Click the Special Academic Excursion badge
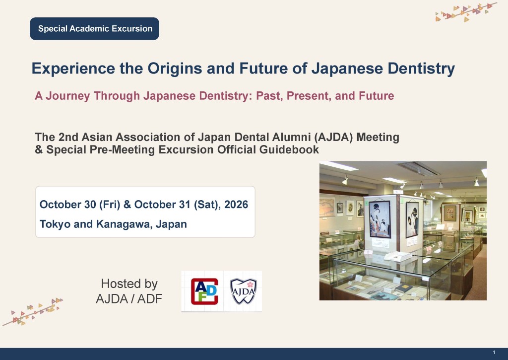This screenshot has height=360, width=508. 94,28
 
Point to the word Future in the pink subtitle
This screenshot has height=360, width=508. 377,96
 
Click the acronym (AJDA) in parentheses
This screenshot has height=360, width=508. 333,137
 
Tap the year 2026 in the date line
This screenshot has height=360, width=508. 236,205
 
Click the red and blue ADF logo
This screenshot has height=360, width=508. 204,291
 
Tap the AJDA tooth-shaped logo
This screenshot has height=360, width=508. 243,291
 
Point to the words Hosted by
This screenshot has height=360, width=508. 129,284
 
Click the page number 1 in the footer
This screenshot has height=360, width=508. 494,352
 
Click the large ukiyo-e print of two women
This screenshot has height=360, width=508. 380,219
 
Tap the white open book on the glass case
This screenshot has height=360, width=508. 398,256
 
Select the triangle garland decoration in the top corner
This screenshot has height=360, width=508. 466,12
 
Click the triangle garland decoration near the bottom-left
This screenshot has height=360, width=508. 33,312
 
